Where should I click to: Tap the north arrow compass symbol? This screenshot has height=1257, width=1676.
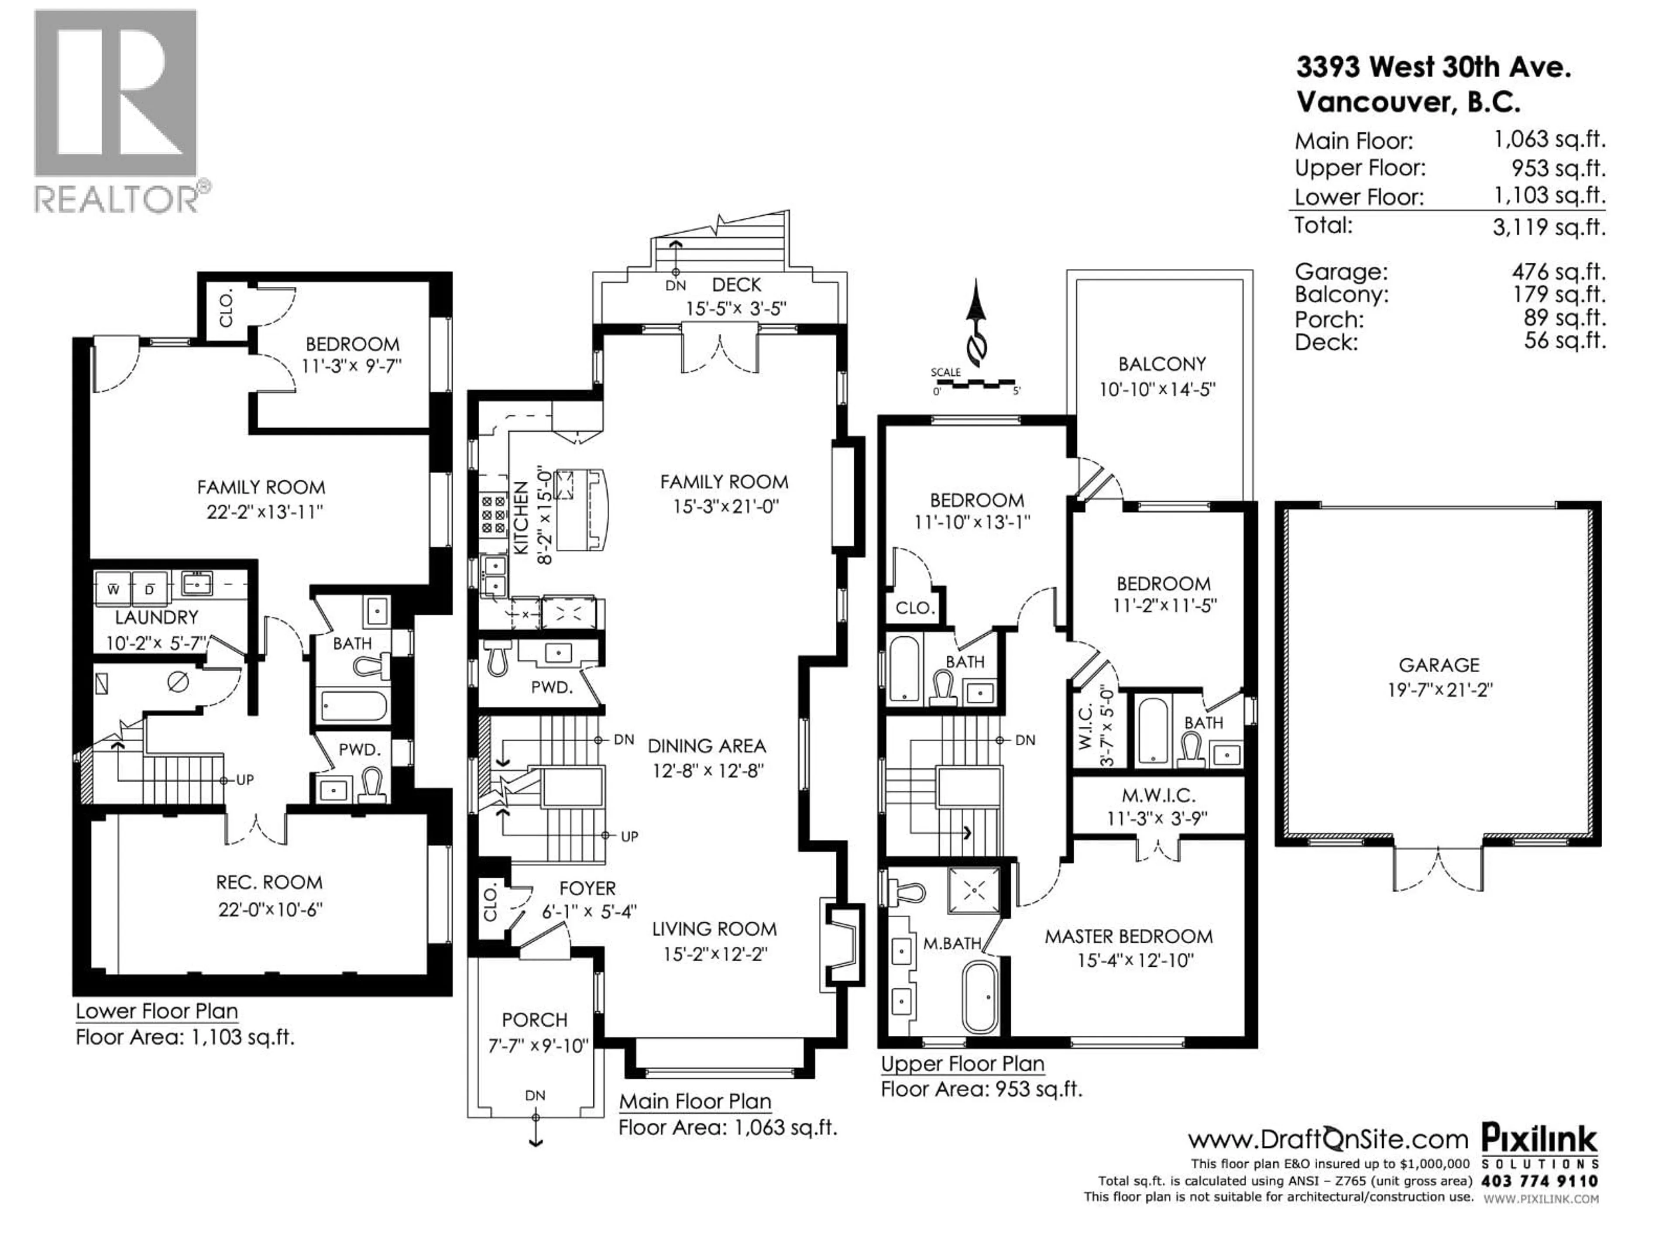pos(977,322)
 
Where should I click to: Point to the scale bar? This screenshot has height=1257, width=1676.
pos(977,385)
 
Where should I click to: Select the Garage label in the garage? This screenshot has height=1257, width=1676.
pos(1438,665)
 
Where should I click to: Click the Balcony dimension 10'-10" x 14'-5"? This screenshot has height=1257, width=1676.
pos(1157,389)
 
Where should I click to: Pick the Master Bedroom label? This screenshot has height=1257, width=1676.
pos(1128,937)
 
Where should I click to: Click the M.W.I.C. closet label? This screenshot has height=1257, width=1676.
pos(1158,796)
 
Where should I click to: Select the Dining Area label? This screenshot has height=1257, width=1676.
pos(706,746)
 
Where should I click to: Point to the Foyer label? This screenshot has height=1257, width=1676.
pos(587,888)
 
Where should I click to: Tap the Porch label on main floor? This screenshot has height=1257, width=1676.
pos(534,1020)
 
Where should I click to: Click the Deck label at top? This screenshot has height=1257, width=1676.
pos(736,285)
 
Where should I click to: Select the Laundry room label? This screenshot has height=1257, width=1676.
pos(156,618)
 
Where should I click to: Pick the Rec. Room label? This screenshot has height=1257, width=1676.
pos(269,882)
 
